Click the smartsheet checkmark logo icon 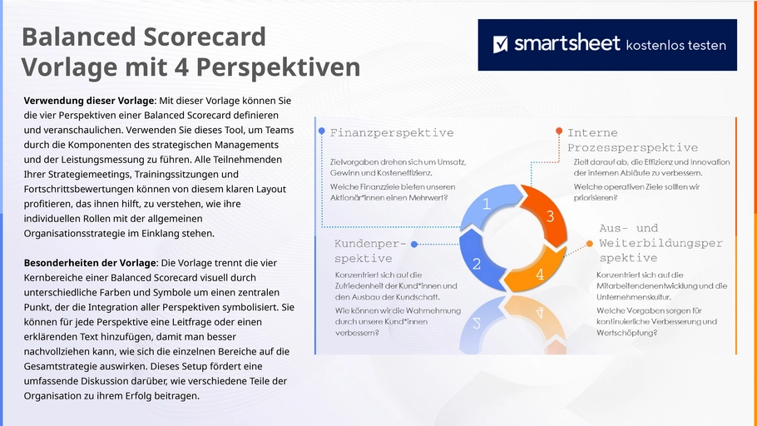(x=501, y=44)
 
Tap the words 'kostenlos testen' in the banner (x=675, y=46)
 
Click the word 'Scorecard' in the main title (x=205, y=37)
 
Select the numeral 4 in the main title (x=181, y=67)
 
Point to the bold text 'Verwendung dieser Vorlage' (x=90, y=101)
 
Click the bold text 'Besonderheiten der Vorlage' (x=91, y=263)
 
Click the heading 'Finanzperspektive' (x=392, y=133)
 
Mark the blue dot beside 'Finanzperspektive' (x=322, y=131)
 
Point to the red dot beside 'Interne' (x=559, y=131)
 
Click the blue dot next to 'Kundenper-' (x=414, y=245)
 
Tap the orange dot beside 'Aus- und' (x=590, y=244)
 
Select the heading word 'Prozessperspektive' (x=632, y=148)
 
